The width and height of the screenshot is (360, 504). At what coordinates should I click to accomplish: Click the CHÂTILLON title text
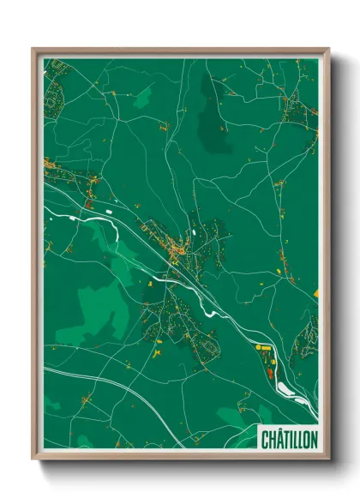click(288, 438)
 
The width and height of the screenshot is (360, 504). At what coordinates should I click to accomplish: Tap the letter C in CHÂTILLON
click(264, 438)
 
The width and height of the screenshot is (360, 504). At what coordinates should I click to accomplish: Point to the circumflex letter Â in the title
click(278, 438)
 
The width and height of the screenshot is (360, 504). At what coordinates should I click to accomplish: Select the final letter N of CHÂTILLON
click(313, 438)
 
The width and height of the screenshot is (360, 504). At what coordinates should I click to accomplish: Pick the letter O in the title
click(305, 438)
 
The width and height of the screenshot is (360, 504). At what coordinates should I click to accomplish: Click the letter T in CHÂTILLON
click(285, 438)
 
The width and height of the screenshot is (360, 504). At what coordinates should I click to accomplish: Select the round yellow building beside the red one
click(260, 348)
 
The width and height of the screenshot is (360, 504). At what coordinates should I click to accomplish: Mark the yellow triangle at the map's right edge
click(315, 294)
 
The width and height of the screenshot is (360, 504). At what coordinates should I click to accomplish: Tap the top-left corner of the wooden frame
click(33, 50)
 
